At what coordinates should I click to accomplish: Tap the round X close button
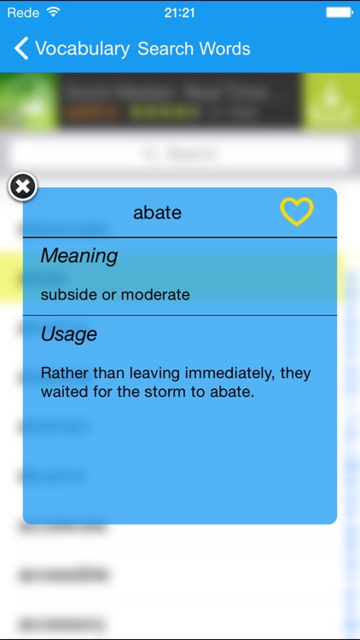point(23,187)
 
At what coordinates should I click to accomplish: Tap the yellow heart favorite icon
point(297,212)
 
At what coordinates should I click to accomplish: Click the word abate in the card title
point(157,212)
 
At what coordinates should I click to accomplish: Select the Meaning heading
point(79,255)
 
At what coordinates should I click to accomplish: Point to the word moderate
point(155,294)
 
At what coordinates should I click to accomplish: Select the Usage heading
point(69,335)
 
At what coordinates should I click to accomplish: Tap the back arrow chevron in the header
point(21,49)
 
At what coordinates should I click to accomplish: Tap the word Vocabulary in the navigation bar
point(83,49)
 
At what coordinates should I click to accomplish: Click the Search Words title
point(194,49)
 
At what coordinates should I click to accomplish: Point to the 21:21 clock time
point(179,13)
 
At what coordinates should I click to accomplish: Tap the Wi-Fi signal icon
point(54,12)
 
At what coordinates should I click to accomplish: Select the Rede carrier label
point(22,13)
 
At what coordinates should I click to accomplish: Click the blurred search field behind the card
point(179,154)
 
